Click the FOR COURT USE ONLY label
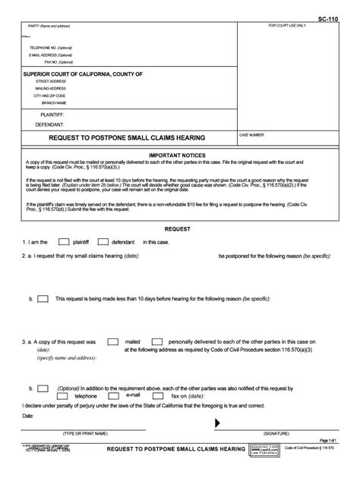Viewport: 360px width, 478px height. click(287, 26)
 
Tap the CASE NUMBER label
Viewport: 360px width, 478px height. click(253, 134)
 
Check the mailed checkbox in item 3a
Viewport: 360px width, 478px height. click(112, 342)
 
